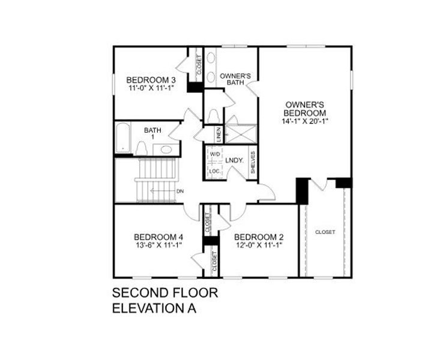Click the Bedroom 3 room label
(x=142, y=80)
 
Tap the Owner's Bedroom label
(x=306, y=109)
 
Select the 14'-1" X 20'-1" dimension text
(x=306, y=121)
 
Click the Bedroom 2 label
(x=258, y=236)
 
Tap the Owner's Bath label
(x=235, y=80)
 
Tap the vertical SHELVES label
(x=253, y=162)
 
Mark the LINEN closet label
(x=220, y=134)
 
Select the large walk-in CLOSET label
(x=325, y=232)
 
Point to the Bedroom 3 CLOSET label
(x=199, y=65)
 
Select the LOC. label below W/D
(x=214, y=171)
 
